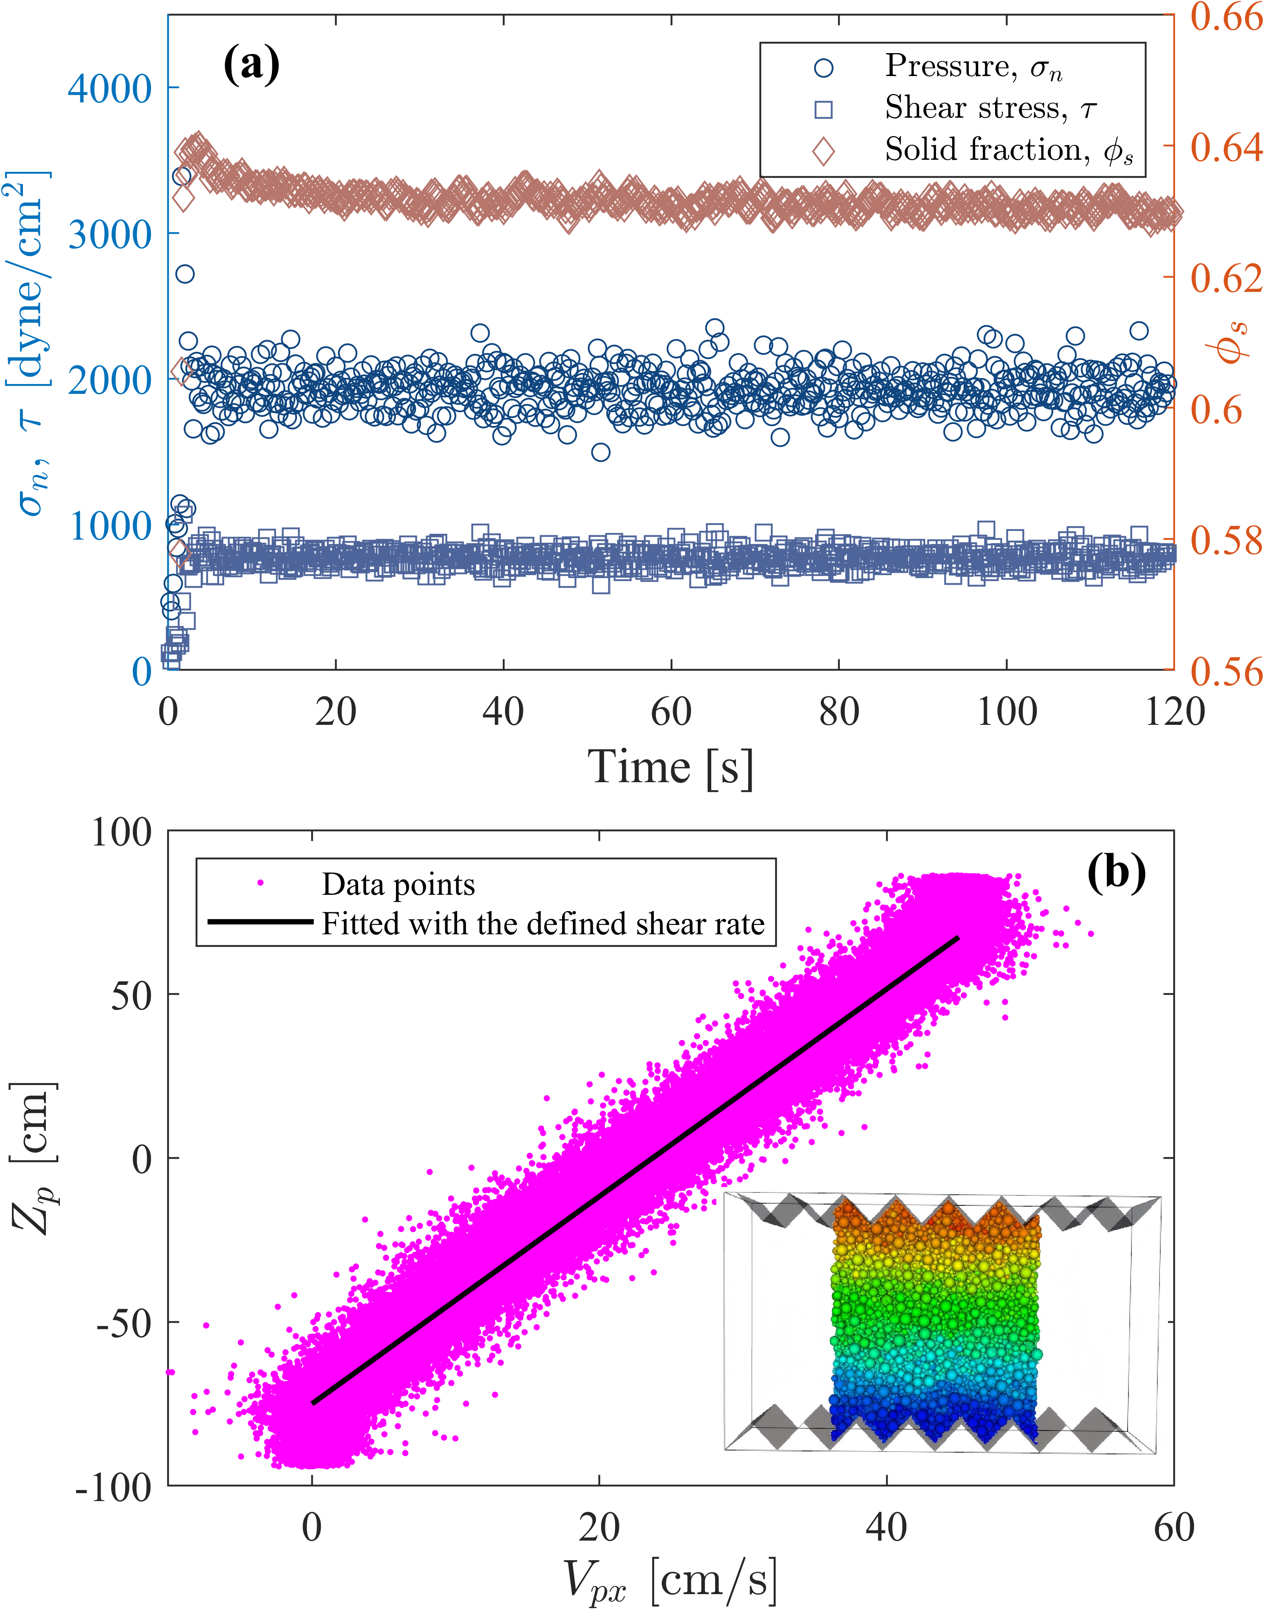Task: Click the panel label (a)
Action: click(x=252, y=65)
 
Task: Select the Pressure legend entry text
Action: click(x=973, y=67)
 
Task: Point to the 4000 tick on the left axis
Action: click(x=110, y=89)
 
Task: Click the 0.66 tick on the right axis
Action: click(x=1225, y=16)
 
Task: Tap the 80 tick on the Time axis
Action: click(x=838, y=712)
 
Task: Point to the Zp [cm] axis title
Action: click(x=33, y=1158)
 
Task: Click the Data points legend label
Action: click(x=398, y=885)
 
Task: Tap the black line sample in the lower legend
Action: click(x=260, y=922)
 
